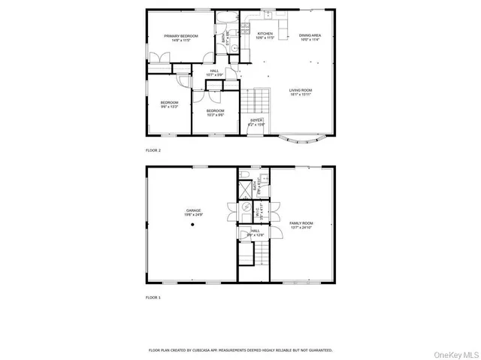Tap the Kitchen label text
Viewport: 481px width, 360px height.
click(x=265, y=35)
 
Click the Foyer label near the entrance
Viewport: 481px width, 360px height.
click(x=256, y=122)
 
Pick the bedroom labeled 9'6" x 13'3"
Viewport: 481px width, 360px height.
click(x=169, y=104)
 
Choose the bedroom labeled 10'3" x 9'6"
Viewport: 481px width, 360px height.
click(x=216, y=113)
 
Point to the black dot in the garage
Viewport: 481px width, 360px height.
click(x=192, y=225)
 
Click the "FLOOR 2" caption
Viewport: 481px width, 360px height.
click(x=153, y=150)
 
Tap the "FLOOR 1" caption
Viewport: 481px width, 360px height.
click(x=153, y=298)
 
